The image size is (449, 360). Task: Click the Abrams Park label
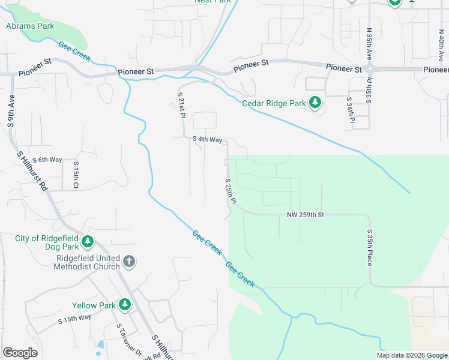click(x=30, y=26)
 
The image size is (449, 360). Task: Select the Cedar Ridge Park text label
click(x=274, y=103)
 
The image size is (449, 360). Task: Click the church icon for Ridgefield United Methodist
click(x=129, y=262)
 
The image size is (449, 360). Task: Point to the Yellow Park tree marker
click(x=125, y=305)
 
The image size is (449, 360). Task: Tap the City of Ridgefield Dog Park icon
click(x=88, y=242)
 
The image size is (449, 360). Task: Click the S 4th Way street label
click(x=207, y=140)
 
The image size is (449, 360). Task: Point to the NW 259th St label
click(x=306, y=214)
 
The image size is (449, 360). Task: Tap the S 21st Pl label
click(x=180, y=106)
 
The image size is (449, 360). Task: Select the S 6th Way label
click(x=47, y=160)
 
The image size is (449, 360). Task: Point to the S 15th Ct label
click(x=76, y=173)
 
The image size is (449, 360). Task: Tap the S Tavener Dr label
click(x=128, y=340)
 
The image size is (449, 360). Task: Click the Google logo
click(x=20, y=353)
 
